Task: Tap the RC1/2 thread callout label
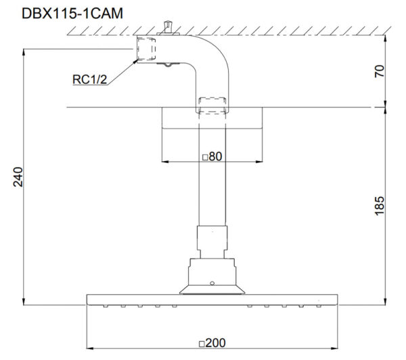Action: [89, 80]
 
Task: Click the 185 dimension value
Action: [379, 204]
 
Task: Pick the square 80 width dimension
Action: [212, 156]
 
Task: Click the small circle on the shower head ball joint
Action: [212, 282]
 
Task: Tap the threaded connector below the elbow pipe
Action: [212, 105]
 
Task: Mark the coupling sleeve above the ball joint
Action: [212, 241]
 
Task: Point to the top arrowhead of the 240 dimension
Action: [24, 51]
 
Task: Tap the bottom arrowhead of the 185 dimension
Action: [386, 302]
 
